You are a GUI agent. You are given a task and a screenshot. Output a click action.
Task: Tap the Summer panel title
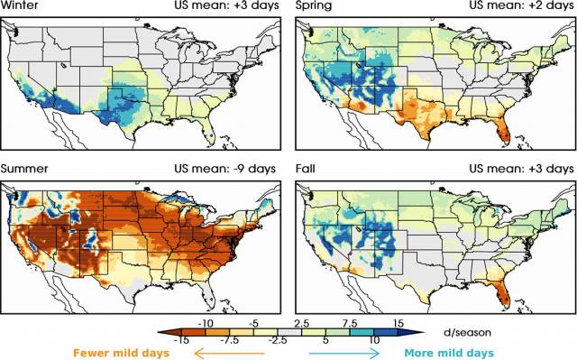[x=24, y=169]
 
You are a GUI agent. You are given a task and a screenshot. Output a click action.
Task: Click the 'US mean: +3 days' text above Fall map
[x=522, y=169]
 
